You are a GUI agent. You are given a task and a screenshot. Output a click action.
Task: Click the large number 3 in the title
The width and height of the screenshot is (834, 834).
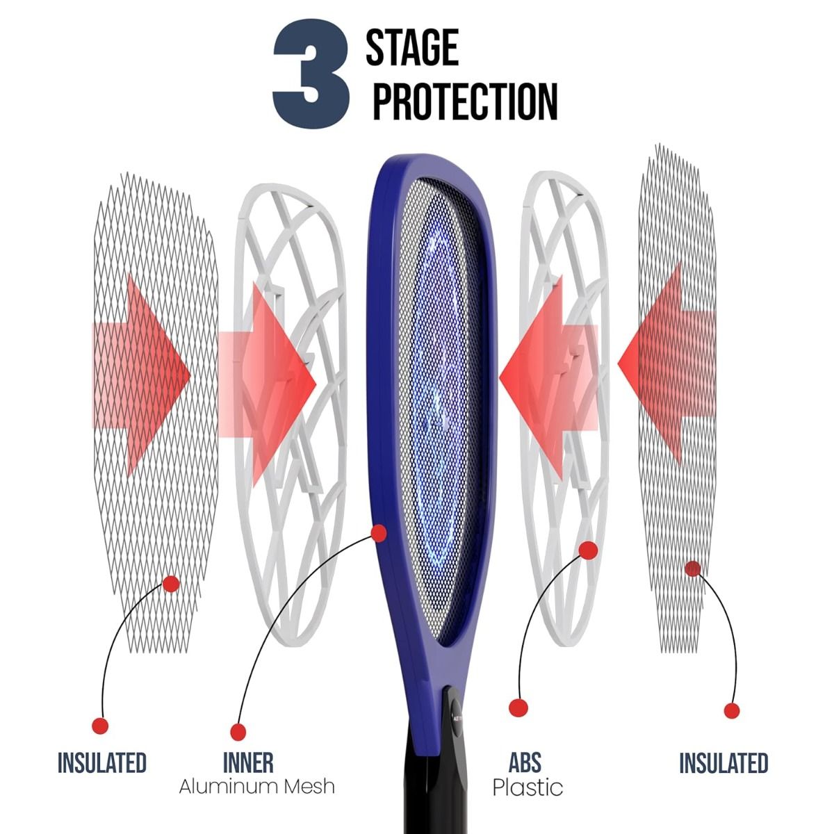click(x=311, y=74)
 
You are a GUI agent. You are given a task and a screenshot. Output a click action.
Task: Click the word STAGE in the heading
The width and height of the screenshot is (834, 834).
click(x=412, y=47)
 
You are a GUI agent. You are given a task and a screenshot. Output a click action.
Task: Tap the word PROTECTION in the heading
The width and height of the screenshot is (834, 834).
click(x=465, y=101)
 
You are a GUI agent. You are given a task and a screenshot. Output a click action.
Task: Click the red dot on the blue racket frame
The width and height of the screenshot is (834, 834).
click(x=379, y=533)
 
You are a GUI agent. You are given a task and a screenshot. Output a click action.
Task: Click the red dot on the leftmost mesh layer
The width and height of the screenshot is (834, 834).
click(x=171, y=584)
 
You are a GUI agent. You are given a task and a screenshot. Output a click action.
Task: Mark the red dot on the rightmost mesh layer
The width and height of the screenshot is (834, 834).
click(x=692, y=569)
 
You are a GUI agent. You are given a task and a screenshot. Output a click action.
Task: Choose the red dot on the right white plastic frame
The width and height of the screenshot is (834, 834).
click(x=588, y=550)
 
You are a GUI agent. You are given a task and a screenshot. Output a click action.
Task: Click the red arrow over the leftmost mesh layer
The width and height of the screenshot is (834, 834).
click(x=141, y=375)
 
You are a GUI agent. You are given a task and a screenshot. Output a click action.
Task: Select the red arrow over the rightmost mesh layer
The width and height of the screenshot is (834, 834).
click(x=667, y=363)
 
